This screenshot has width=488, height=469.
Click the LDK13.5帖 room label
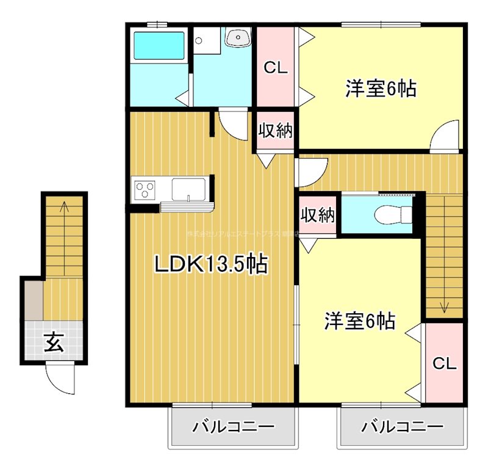point(210,264)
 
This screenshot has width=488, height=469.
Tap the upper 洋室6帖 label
point(381,89)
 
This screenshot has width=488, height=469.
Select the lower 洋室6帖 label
point(359,320)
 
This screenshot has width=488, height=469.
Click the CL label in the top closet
point(275,68)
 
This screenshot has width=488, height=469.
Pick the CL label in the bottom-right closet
point(444,363)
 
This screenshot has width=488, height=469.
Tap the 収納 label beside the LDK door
point(276,130)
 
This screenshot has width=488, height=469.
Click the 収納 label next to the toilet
point(318,215)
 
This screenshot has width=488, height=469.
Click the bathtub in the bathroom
point(159,44)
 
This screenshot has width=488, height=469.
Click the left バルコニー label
point(234,426)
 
